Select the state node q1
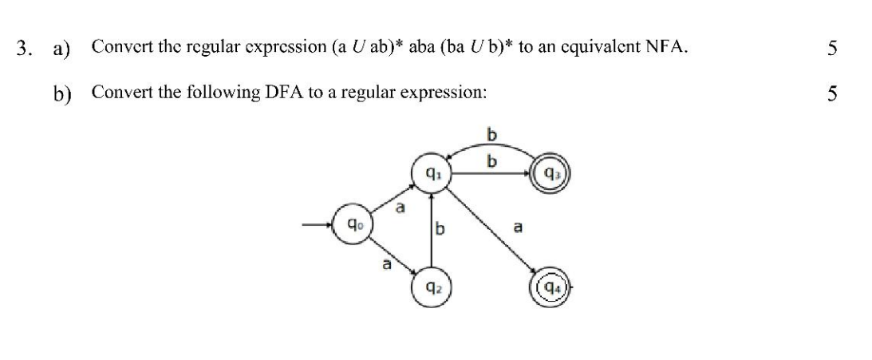[x=432, y=172]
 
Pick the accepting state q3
[x=550, y=172]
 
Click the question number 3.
[x=26, y=47]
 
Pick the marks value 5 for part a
[x=832, y=47]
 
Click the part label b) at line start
[x=61, y=93]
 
